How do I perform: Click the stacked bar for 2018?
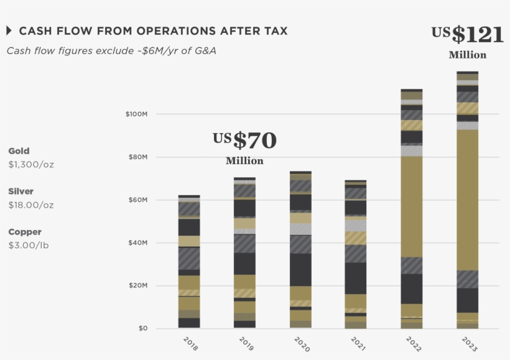(x=189, y=262)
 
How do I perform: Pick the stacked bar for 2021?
(x=356, y=254)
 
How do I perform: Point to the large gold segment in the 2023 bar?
(x=467, y=199)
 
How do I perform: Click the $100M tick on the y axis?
(x=136, y=114)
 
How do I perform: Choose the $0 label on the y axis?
(x=142, y=328)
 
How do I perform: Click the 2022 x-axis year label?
(x=413, y=344)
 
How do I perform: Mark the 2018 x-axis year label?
(x=190, y=344)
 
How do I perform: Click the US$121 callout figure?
(x=468, y=35)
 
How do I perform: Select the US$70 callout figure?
(x=244, y=141)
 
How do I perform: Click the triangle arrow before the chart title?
(x=9, y=30)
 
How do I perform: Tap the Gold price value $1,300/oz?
(x=31, y=165)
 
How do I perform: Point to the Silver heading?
(x=21, y=192)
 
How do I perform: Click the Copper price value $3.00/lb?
(x=29, y=246)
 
